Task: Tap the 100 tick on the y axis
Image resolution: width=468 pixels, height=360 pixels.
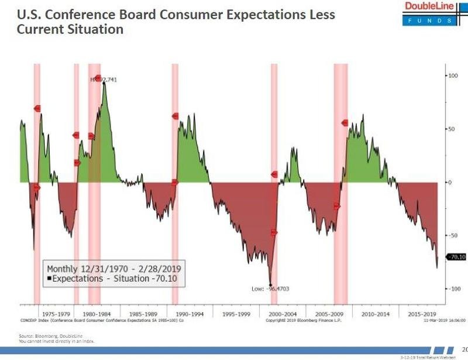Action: pyautogui.click(x=452, y=76)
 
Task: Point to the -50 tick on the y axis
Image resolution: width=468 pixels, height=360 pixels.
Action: pyautogui.click(x=453, y=235)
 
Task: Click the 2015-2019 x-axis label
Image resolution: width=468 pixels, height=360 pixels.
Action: pyautogui.click(x=421, y=314)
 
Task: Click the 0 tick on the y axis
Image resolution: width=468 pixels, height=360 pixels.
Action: pyautogui.click(x=450, y=182)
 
